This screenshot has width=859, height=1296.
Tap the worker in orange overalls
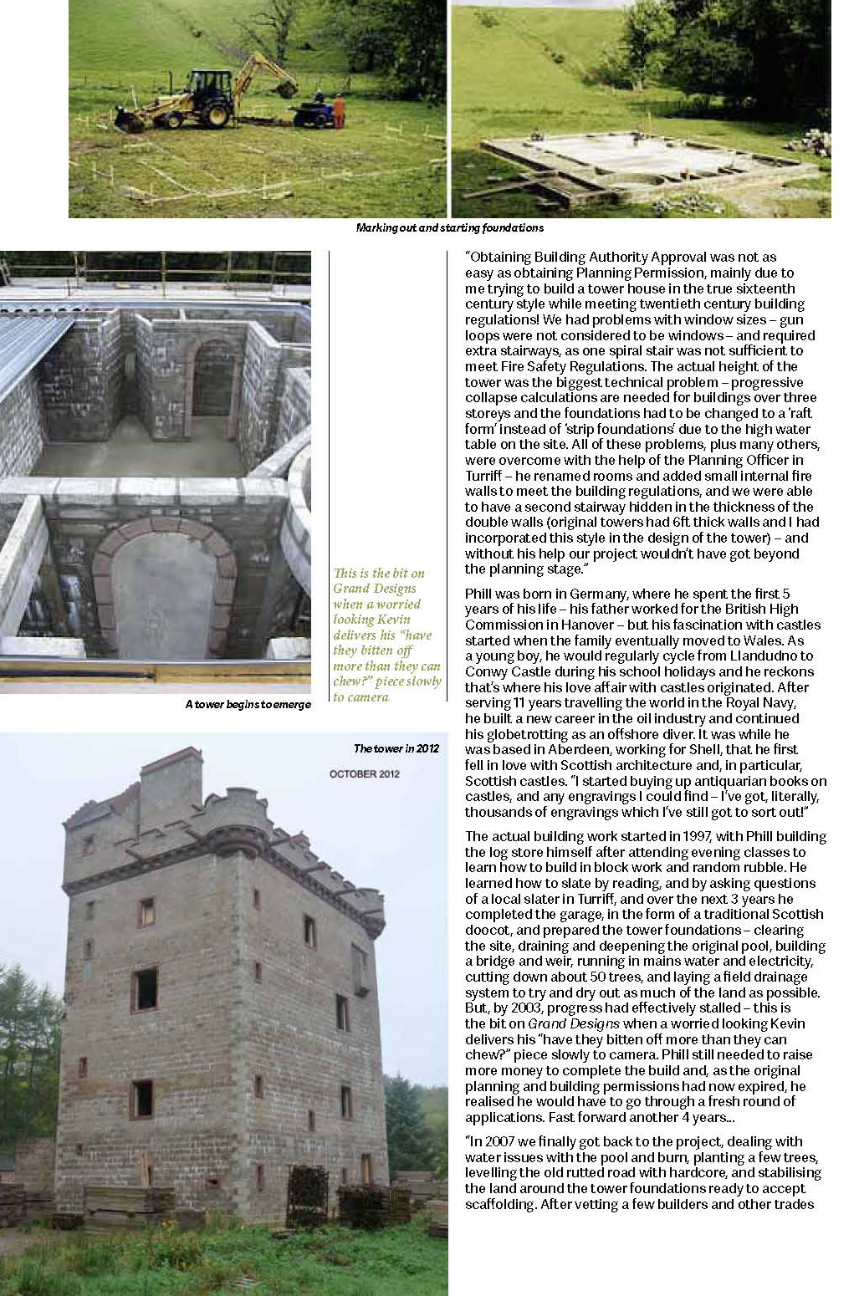338,110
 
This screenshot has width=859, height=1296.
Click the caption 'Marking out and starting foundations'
449,227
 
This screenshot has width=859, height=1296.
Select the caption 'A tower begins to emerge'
248,705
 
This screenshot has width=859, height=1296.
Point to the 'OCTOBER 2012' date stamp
365,773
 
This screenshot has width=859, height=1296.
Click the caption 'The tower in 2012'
396,748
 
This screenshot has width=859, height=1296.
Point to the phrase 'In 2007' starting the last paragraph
493,1141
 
